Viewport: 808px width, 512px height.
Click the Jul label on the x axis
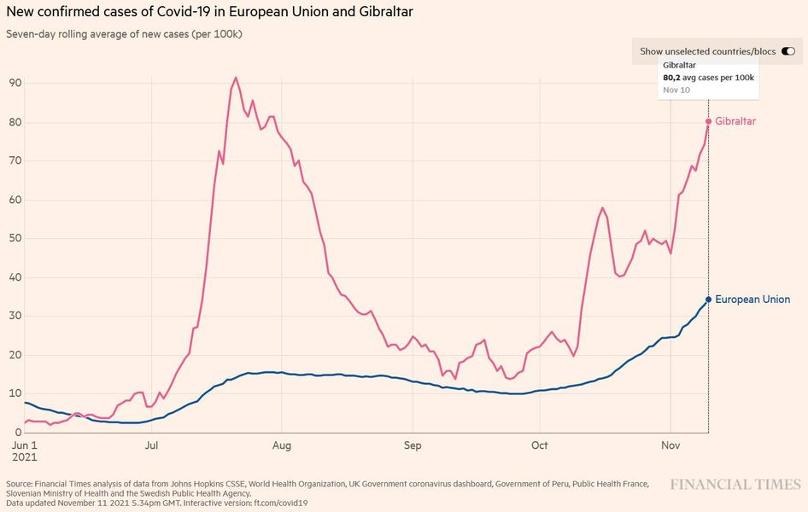point(151,445)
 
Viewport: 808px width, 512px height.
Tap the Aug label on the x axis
point(282,445)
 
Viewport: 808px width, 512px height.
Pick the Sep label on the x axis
point(412,445)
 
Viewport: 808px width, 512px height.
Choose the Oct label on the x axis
point(539,445)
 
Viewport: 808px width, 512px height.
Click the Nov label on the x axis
point(670,445)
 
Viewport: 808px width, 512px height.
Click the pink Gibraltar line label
point(735,121)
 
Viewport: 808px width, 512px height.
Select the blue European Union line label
point(752,300)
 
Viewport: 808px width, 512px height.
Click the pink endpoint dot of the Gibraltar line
point(708,121)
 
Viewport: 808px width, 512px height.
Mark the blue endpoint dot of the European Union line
point(708,300)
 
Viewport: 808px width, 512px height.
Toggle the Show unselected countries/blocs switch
point(788,51)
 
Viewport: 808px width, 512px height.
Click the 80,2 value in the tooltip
point(673,78)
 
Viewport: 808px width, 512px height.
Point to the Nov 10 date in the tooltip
point(676,90)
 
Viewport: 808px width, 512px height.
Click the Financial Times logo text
point(735,485)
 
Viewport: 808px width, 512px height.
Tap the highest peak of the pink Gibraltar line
point(236,78)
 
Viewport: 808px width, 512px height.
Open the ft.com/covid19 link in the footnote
point(281,503)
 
